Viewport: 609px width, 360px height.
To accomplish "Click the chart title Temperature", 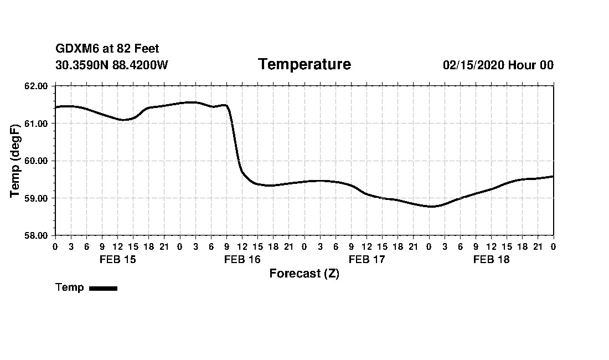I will coord(304,65).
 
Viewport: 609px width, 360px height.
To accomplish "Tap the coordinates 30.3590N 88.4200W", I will coord(112,65).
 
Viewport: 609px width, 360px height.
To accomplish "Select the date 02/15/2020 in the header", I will coord(473,65).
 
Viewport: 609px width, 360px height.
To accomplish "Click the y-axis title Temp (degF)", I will coord(16,161).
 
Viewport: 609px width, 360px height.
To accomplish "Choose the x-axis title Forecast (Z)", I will coord(304,274).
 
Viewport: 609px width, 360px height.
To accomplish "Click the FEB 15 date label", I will coord(117,259).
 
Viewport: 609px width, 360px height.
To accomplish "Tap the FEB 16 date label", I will coord(242,259).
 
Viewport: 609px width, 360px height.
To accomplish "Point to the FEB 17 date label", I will coord(367,259).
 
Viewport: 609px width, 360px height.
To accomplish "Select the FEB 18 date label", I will coord(491,259).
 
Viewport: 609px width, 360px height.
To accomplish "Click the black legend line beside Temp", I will coord(103,288).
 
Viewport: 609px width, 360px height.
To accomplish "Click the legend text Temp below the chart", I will coord(70,287).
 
